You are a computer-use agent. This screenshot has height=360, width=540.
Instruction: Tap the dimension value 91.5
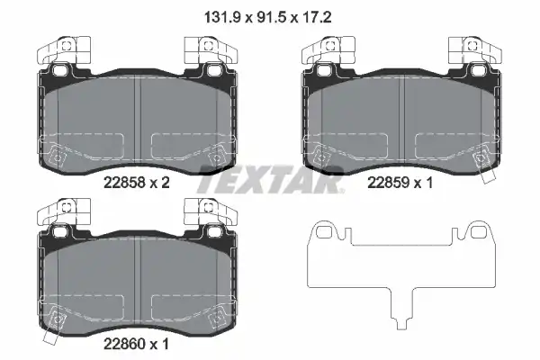[272, 17]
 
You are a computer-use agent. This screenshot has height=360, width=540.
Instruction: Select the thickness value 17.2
[316, 17]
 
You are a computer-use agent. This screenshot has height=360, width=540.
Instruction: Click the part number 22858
[124, 183]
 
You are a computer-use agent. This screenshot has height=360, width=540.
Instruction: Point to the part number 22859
[388, 183]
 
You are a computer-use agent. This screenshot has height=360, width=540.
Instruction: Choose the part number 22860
[124, 344]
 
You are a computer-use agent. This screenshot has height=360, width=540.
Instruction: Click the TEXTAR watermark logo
[270, 179]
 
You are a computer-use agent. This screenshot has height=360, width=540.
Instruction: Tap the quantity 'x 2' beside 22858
[160, 183]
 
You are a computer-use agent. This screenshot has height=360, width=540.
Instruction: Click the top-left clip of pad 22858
[64, 50]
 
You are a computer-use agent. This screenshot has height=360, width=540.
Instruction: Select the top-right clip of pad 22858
[211, 50]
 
